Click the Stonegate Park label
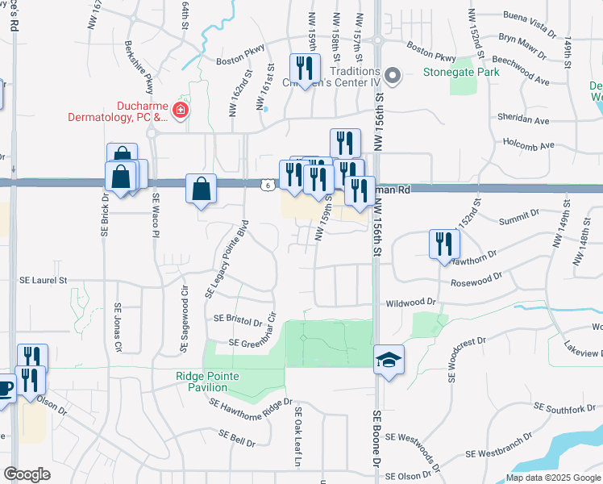point(462,72)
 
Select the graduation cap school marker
point(389,360)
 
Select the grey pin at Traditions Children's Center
point(393,77)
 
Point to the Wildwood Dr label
point(411,302)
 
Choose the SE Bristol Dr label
point(239,319)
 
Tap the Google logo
point(27,474)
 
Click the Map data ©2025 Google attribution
point(552,478)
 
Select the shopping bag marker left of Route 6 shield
point(201,190)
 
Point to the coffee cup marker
point(5,387)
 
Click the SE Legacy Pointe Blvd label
point(224,264)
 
